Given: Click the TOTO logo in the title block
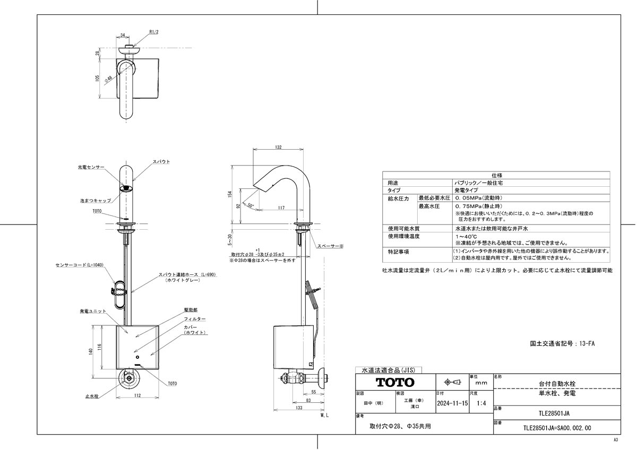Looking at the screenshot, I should (395, 382).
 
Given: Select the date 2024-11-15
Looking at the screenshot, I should (452, 403).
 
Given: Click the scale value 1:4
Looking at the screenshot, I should (481, 403).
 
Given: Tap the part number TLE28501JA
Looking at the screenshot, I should (554, 412).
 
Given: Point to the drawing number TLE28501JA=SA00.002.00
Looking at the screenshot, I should (557, 427).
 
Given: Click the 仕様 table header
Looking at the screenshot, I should (496, 174).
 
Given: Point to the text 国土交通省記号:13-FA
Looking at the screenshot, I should (563, 344).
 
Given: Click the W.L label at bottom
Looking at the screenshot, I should (325, 418).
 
